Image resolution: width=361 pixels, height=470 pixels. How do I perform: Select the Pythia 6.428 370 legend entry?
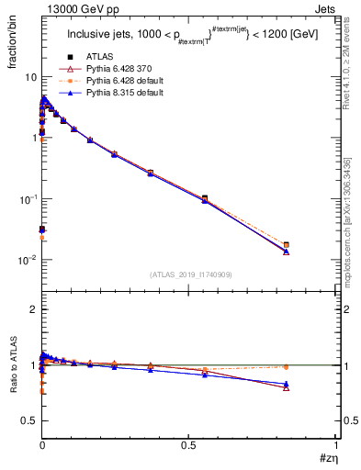(115, 70)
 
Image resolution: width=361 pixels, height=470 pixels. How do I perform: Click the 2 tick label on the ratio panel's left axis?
(31, 309)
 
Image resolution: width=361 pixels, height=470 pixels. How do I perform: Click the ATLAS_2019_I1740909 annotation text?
(189, 274)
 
